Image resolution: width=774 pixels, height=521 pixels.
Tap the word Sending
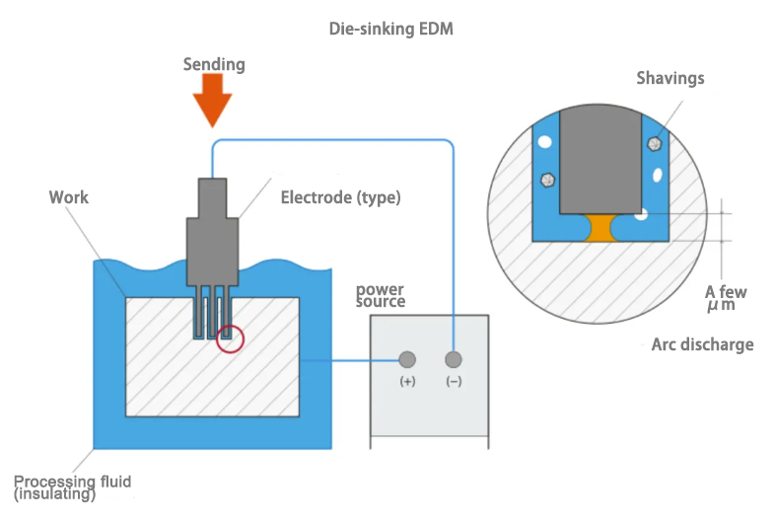214,65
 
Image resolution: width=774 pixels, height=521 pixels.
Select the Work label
69,197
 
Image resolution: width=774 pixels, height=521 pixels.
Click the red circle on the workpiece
230,338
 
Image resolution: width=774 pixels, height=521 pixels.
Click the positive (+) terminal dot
406,359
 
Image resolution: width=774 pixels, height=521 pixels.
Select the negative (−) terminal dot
453,359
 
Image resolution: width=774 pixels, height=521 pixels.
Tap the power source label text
381,296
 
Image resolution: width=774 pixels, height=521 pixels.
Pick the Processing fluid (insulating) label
72,486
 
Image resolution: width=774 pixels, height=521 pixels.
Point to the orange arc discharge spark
599,228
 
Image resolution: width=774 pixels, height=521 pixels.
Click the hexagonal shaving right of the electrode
652,144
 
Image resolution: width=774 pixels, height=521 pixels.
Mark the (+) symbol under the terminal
406,382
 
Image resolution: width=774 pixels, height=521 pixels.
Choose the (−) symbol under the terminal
453,382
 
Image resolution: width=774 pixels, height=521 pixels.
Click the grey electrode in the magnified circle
599,158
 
